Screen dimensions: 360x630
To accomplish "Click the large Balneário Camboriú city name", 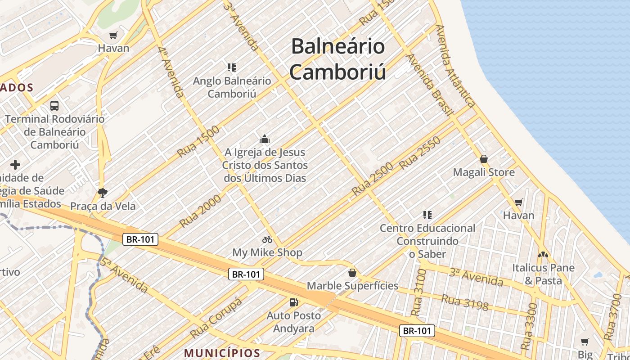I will (337, 59).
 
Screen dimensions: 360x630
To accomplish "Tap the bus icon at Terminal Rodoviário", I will (54, 106).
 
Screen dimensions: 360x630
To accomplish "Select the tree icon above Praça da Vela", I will (103, 193).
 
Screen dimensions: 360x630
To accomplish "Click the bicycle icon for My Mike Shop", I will (267, 239).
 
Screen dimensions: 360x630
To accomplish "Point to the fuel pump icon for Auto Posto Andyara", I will (294, 302).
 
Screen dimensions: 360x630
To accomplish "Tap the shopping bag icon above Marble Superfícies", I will (352, 273).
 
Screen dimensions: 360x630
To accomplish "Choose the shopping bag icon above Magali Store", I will (484, 159).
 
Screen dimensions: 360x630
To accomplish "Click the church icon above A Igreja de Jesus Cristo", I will (265, 139).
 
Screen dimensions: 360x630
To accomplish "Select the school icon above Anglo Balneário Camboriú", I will (232, 67).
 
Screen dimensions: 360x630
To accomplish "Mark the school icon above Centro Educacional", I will (427, 215).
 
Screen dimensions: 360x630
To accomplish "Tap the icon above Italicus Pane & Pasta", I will (543, 255).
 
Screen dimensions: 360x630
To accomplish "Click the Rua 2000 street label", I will (200, 211).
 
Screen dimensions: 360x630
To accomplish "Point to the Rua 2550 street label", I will (419, 153).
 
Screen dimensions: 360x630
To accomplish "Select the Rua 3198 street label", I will (464, 302).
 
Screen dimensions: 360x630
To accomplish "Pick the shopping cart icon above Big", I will (585, 342).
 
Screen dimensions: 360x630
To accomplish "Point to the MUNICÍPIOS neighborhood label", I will (222, 353).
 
